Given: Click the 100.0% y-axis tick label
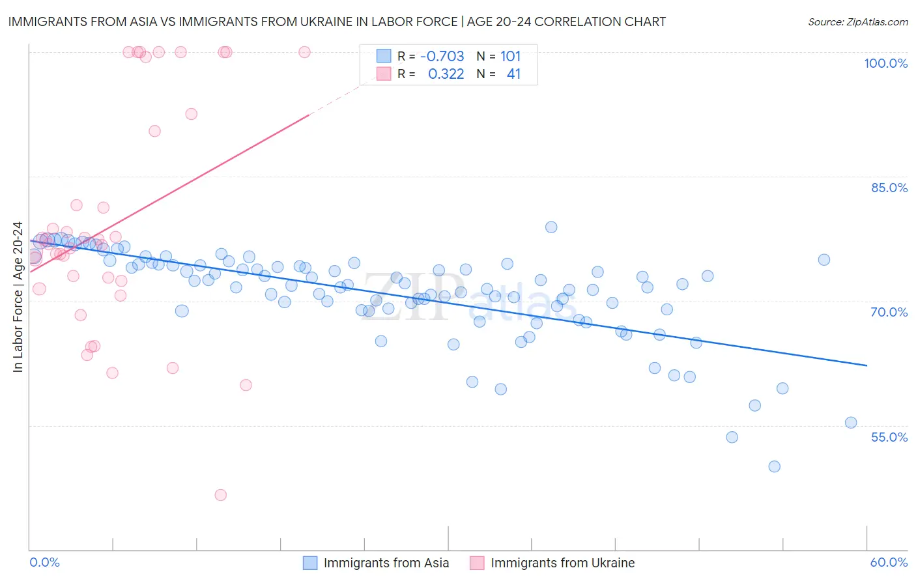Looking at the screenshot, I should (x=885, y=63).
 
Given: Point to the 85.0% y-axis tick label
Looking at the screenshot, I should (x=889, y=188).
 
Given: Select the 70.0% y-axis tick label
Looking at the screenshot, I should (x=889, y=312).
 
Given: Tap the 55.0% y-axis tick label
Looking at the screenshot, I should (x=889, y=437).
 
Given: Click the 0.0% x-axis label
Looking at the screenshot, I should (x=44, y=562).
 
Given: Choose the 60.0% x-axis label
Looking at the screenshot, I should (x=889, y=562).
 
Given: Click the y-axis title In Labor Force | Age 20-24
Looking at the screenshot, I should (x=18, y=297).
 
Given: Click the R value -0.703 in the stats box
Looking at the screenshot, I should (x=442, y=57).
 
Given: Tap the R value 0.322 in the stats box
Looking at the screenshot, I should (x=446, y=74).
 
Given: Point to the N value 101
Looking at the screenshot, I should (x=510, y=57).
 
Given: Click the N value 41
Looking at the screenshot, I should (x=513, y=74).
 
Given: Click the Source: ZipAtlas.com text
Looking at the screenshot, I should (x=857, y=22).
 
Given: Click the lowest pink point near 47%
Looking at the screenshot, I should (x=221, y=495).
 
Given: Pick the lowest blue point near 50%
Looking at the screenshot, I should (x=774, y=466).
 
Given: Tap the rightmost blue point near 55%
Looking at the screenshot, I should (x=851, y=423).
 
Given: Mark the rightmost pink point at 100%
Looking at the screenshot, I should (x=304, y=52).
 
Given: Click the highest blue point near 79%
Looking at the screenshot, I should (x=551, y=227).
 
